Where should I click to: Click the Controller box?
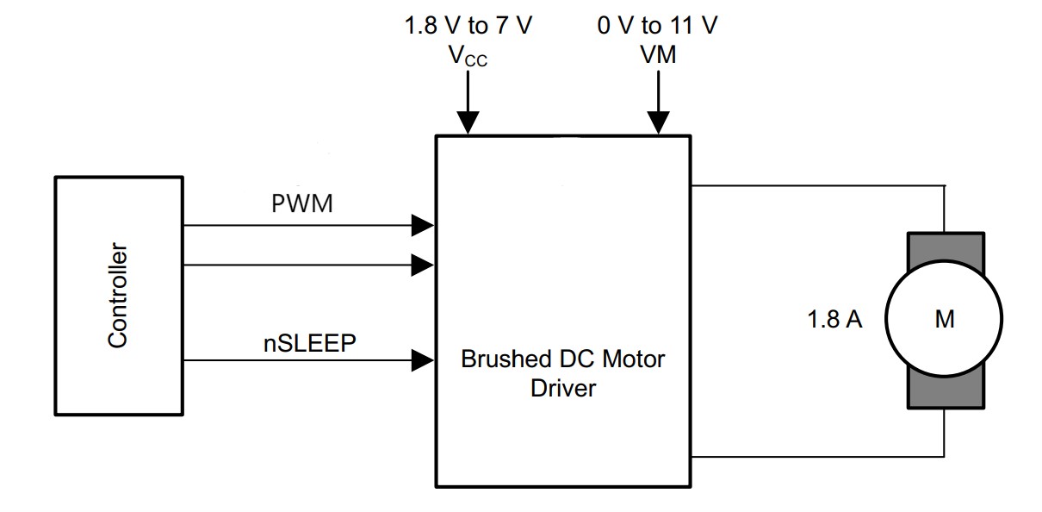(x=118, y=295)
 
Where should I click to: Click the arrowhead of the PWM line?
(x=422, y=226)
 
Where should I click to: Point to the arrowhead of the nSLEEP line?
(x=422, y=360)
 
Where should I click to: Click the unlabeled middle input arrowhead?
(x=422, y=265)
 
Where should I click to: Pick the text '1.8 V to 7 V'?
(x=468, y=25)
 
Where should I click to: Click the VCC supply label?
(x=468, y=56)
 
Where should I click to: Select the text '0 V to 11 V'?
(x=658, y=25)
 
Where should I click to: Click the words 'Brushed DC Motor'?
(x=563, y=359)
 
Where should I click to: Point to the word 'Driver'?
(x=563, y=389)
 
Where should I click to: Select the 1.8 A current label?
(x=834, y=320)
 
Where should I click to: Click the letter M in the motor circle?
(x=945, y=320)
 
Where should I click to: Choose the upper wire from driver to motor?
(x=818, y=185)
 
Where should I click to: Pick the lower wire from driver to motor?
(x=818, y=456)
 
